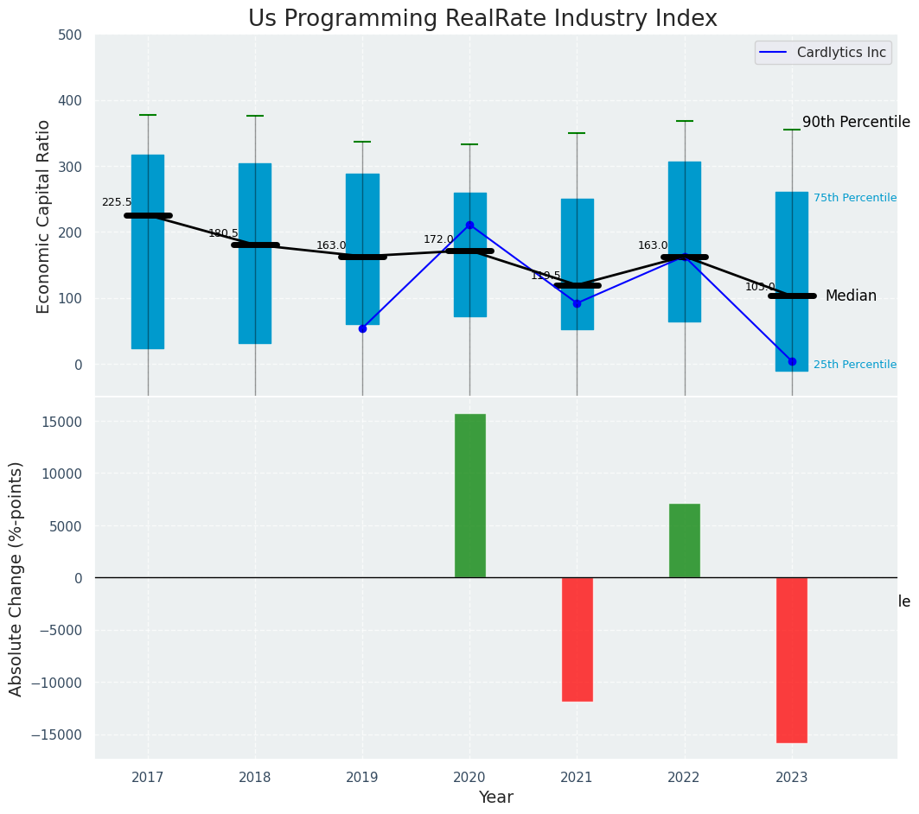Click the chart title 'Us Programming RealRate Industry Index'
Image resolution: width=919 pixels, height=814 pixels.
click(482, 19)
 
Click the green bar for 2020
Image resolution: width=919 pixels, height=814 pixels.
click(470, 495)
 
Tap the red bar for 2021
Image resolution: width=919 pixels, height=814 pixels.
click(578, 639)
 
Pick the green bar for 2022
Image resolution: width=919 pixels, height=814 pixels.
click(685, 540)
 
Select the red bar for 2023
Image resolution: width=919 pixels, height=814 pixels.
click(792, 659)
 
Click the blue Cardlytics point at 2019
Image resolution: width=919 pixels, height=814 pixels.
click(362, 328)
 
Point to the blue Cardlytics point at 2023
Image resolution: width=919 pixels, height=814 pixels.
click(792, 361)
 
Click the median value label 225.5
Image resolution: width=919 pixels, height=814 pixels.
click(117, 202)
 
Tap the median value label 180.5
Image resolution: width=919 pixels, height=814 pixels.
click(223, 233)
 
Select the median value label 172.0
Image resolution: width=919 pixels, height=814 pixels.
click(438, 239)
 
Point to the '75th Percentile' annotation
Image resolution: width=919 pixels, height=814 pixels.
click(855, 198)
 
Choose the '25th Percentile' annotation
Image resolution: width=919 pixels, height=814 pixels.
click(855, 365)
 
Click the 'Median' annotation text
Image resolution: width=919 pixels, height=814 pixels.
click(851, 296)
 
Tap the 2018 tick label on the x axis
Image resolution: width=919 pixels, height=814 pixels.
click(255, 777)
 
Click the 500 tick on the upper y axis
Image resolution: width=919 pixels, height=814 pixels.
click(70, 35)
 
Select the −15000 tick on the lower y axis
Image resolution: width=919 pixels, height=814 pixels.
click(54, 735)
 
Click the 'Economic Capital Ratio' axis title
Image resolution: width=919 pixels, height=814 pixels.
click(44, 216)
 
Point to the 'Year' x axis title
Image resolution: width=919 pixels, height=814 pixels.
click(496, 798)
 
